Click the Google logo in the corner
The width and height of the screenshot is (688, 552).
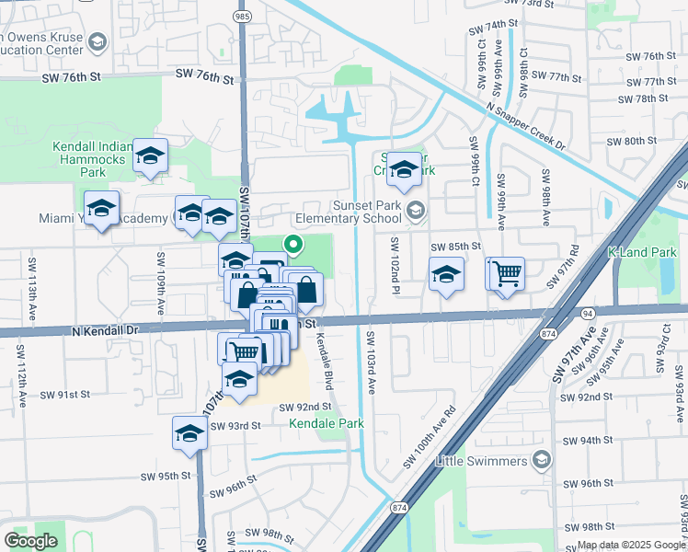[x=30, y=541]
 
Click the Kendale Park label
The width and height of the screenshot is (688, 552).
[x=327, y=423]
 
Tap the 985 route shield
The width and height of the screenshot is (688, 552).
[x=242, y=17]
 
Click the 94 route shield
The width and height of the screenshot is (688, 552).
[x=587, y=313]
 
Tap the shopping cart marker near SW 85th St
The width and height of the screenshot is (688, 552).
[x=505, y=273]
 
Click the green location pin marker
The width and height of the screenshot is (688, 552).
[x=293, y=245]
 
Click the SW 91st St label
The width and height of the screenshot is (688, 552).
[x=65, y=394]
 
